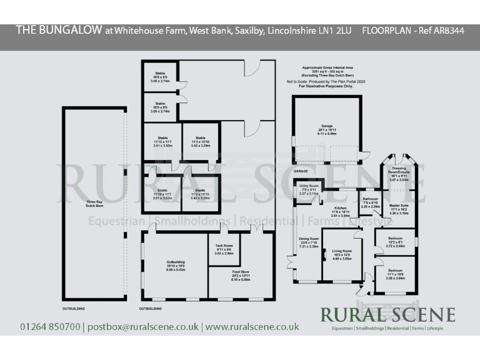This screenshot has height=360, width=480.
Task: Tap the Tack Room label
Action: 224,247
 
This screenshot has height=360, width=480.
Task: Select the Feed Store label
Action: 224,273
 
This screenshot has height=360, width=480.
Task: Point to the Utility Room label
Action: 309,187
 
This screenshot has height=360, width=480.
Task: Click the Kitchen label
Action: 340,207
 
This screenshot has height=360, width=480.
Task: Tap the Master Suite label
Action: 399,206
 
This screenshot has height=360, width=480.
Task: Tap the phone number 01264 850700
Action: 50,327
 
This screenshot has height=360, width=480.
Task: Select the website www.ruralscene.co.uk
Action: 252,327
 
